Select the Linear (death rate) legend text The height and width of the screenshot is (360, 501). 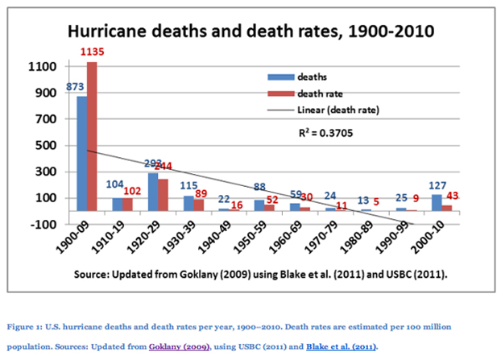(x=337, y=109)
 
